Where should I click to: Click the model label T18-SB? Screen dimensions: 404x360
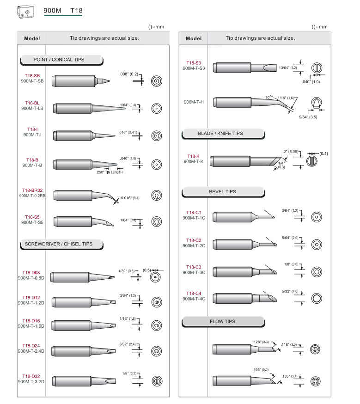pos(32,76)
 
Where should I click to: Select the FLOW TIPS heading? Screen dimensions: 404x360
pos(222,322)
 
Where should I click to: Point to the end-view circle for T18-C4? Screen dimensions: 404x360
pos(317,298)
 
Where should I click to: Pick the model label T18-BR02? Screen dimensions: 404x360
pos(32,190)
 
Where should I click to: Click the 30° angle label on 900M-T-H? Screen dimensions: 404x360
pos(268,98)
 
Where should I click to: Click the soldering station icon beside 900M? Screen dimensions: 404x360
pos(26,12)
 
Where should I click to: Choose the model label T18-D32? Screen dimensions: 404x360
pos(31,376)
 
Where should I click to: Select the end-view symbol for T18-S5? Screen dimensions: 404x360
pos(157,222)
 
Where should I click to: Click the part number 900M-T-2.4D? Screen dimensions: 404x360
pos(31,351)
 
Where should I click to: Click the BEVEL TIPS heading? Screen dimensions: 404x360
pos(222,192)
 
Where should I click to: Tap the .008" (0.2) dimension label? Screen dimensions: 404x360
pos(128,74)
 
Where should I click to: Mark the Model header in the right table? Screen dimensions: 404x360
pos(193,38)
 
